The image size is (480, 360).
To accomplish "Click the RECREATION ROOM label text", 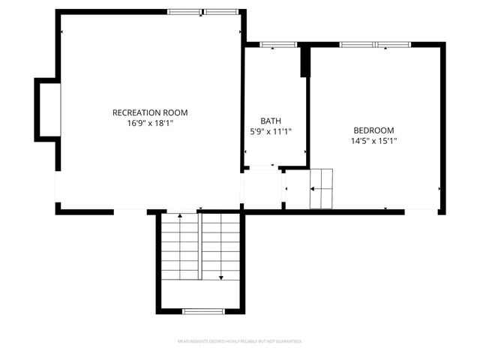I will point(150,112).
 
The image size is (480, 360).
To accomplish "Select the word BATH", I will point(271,121).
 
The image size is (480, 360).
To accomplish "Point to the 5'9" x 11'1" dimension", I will point(271,131).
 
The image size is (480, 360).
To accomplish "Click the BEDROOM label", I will point(373,130).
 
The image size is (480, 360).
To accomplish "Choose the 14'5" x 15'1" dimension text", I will point(373,140).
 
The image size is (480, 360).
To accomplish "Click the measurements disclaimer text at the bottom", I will point(239,341).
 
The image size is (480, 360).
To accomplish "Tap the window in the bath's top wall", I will point(279,45).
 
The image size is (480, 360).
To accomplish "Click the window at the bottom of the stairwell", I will point(203,310).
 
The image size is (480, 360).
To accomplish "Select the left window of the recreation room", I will point(184,11).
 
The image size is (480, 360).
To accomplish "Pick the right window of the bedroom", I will point(393,45).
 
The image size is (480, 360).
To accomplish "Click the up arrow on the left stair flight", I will point(180,217).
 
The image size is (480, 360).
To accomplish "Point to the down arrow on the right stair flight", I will point(221,277).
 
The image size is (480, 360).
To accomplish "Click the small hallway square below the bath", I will point(261,189).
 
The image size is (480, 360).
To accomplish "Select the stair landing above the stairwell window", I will point(201,293).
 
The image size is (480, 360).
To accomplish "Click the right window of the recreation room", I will point(222,11).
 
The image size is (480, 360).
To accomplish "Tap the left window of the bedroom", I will point(357,45).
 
